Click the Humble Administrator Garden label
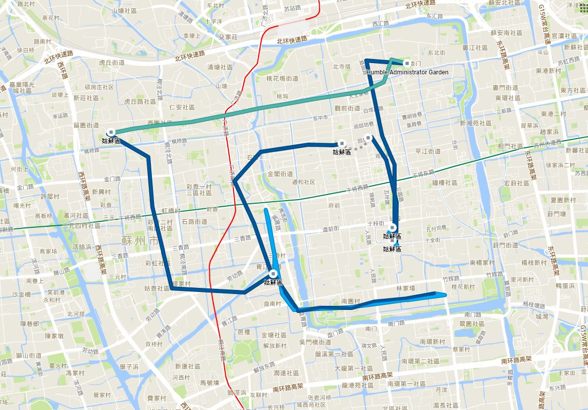[x=407, y=72]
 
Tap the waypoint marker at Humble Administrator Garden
[x=407, y=64]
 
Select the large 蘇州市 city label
[x=140, y=240]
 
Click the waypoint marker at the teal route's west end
[x=111, y=132]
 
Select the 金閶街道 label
[x=280, y=174]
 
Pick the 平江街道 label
[x=428, y=151]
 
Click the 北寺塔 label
[x=341, y=67]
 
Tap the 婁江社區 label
[x=475, y=48]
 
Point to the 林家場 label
[x=405, y=289]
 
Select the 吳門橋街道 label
[x=315, y=342]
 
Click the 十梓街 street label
[x=376, y=223]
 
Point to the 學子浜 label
[x=129, y=366]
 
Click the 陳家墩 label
[x=54, y=336]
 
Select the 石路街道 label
[x=194, y=222]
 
